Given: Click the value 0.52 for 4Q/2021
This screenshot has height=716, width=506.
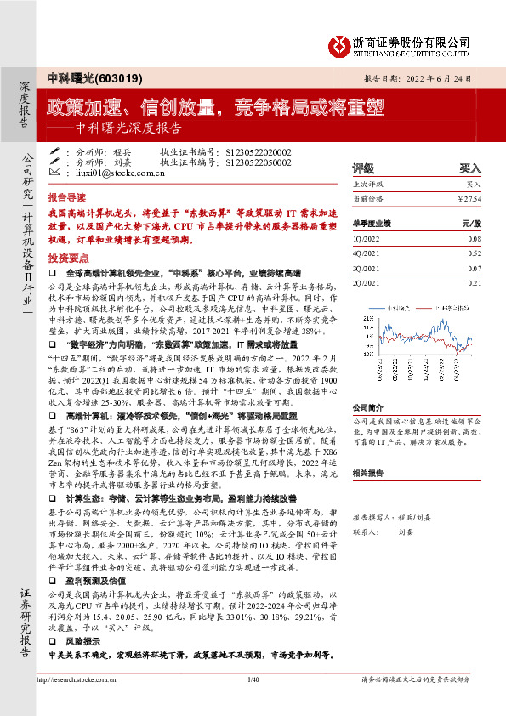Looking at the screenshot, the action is pos(474,253).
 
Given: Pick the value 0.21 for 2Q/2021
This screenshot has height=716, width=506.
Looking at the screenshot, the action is pos(474,282).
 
